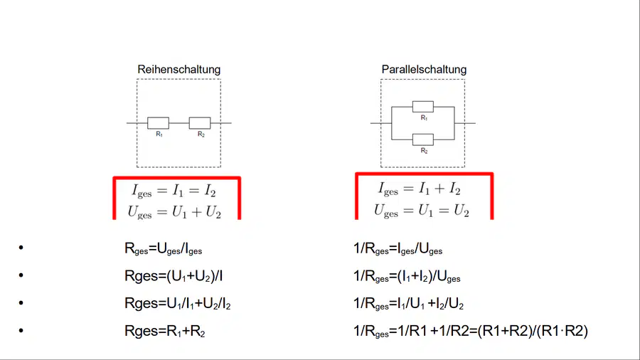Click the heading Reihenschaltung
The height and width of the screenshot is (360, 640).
pyautogui.click(x=178, y=70)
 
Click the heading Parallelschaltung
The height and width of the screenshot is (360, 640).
pyautogui.click(x=424, y=70)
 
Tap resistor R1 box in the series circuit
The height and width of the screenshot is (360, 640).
pyautogui.click(x=159, y=123)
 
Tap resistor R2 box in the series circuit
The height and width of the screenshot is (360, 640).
pyautogui.click(x=200, y=123)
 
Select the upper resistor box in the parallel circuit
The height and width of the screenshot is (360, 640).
pyautogui.click(x=423, y=107)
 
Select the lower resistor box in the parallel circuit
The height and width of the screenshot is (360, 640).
pyautogui.click(x=423, y=139)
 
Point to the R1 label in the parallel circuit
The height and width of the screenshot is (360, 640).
pyautogui.click(x=424, y=118)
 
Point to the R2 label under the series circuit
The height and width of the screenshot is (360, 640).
pyautogui.click(x=201, y=134)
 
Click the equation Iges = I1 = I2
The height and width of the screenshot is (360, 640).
pyautogui.click(x=174, y=191)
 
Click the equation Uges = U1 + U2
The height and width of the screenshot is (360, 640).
pyautogui.click(x=174, y=212)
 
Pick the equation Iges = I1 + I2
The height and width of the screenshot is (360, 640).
pyautogui.click(x=419, y=189)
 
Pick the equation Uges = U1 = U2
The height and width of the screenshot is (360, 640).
pyautogui.click(x=421, y=211)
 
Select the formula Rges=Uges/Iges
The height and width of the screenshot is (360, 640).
pyautogui.click(x=164, y=248)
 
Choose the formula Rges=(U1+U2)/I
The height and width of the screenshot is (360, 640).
pyautogui.click(x=174, y=276)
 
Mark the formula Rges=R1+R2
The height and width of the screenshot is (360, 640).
pyautogui.click(x=164, y=331)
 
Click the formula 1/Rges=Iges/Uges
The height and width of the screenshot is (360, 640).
pyautogui.click(x=398, y=248)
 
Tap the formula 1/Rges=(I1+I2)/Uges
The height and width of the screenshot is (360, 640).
pyautogui.click(x=407, y=276)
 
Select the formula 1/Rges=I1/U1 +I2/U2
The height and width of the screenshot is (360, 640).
pyautogui.click(x=409, y=304)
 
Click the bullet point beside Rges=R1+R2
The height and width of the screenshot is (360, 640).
pyautogui.click(x=21, y=330)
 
